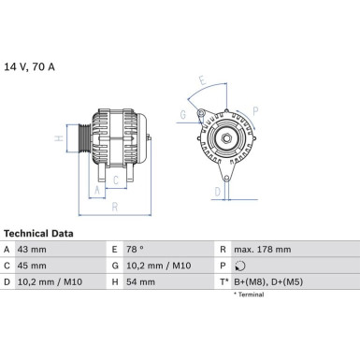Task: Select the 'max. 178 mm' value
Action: click(x=264, y=250)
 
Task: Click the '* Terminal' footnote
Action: click(x=247, y=295)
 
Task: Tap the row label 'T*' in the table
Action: click(x=223, y=280)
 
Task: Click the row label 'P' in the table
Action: click(x=223, y=265)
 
